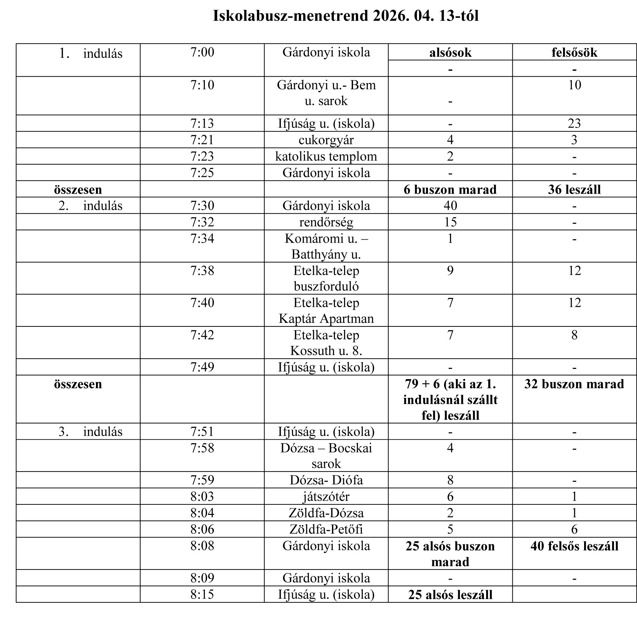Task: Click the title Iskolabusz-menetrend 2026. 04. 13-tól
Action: click(345, 16)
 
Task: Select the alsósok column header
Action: click(450, 53)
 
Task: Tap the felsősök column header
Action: click(574, 53)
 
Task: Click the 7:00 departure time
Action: click(202, 52)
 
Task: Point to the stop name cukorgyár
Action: click(326, 140)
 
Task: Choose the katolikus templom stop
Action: click(326, 156)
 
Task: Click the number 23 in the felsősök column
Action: click(574, 124)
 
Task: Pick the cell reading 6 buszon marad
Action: click(450, 190)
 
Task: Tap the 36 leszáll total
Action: click(574, 190)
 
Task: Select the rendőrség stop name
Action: click(326, 222)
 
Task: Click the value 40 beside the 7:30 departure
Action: click(450, 206)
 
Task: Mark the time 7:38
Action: click(202, 271)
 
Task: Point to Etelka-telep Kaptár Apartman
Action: click(326, 311)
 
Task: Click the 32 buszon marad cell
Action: click(574, 384)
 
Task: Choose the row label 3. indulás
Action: click(90, 432)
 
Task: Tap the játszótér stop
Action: click(326, 496)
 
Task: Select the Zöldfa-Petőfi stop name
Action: click(326, 529)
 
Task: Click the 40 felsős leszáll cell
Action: click(574, 546)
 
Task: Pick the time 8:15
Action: click(202, 594)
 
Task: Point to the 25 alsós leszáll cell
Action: click(450, 595)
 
